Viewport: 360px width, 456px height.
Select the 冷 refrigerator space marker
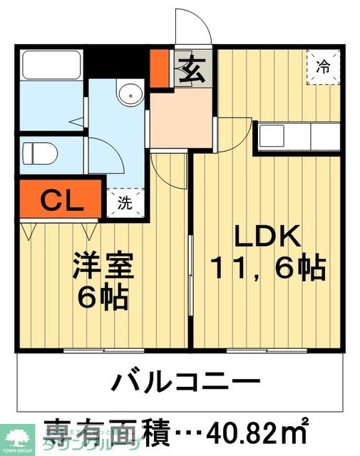(323, 68)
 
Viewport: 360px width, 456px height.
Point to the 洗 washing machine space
(125, 202)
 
